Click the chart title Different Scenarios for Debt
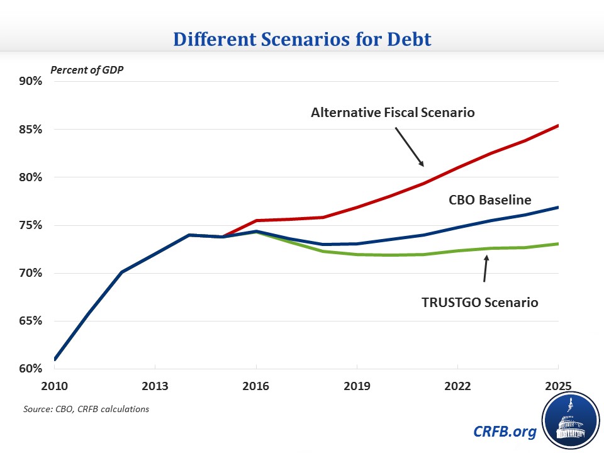[x=301, y=39]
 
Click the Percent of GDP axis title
[x=87, y=69]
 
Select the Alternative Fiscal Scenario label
[x=393, y=113]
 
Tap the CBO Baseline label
[x=490, y=200]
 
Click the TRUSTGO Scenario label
[x=479, y=302]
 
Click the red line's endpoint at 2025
[x=558, y=126]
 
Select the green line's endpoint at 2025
[x=558, y=243]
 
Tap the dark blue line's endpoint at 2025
[x=558, y=208]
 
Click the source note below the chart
[x=87, y=410]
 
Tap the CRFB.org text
[x=505, y=432]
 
